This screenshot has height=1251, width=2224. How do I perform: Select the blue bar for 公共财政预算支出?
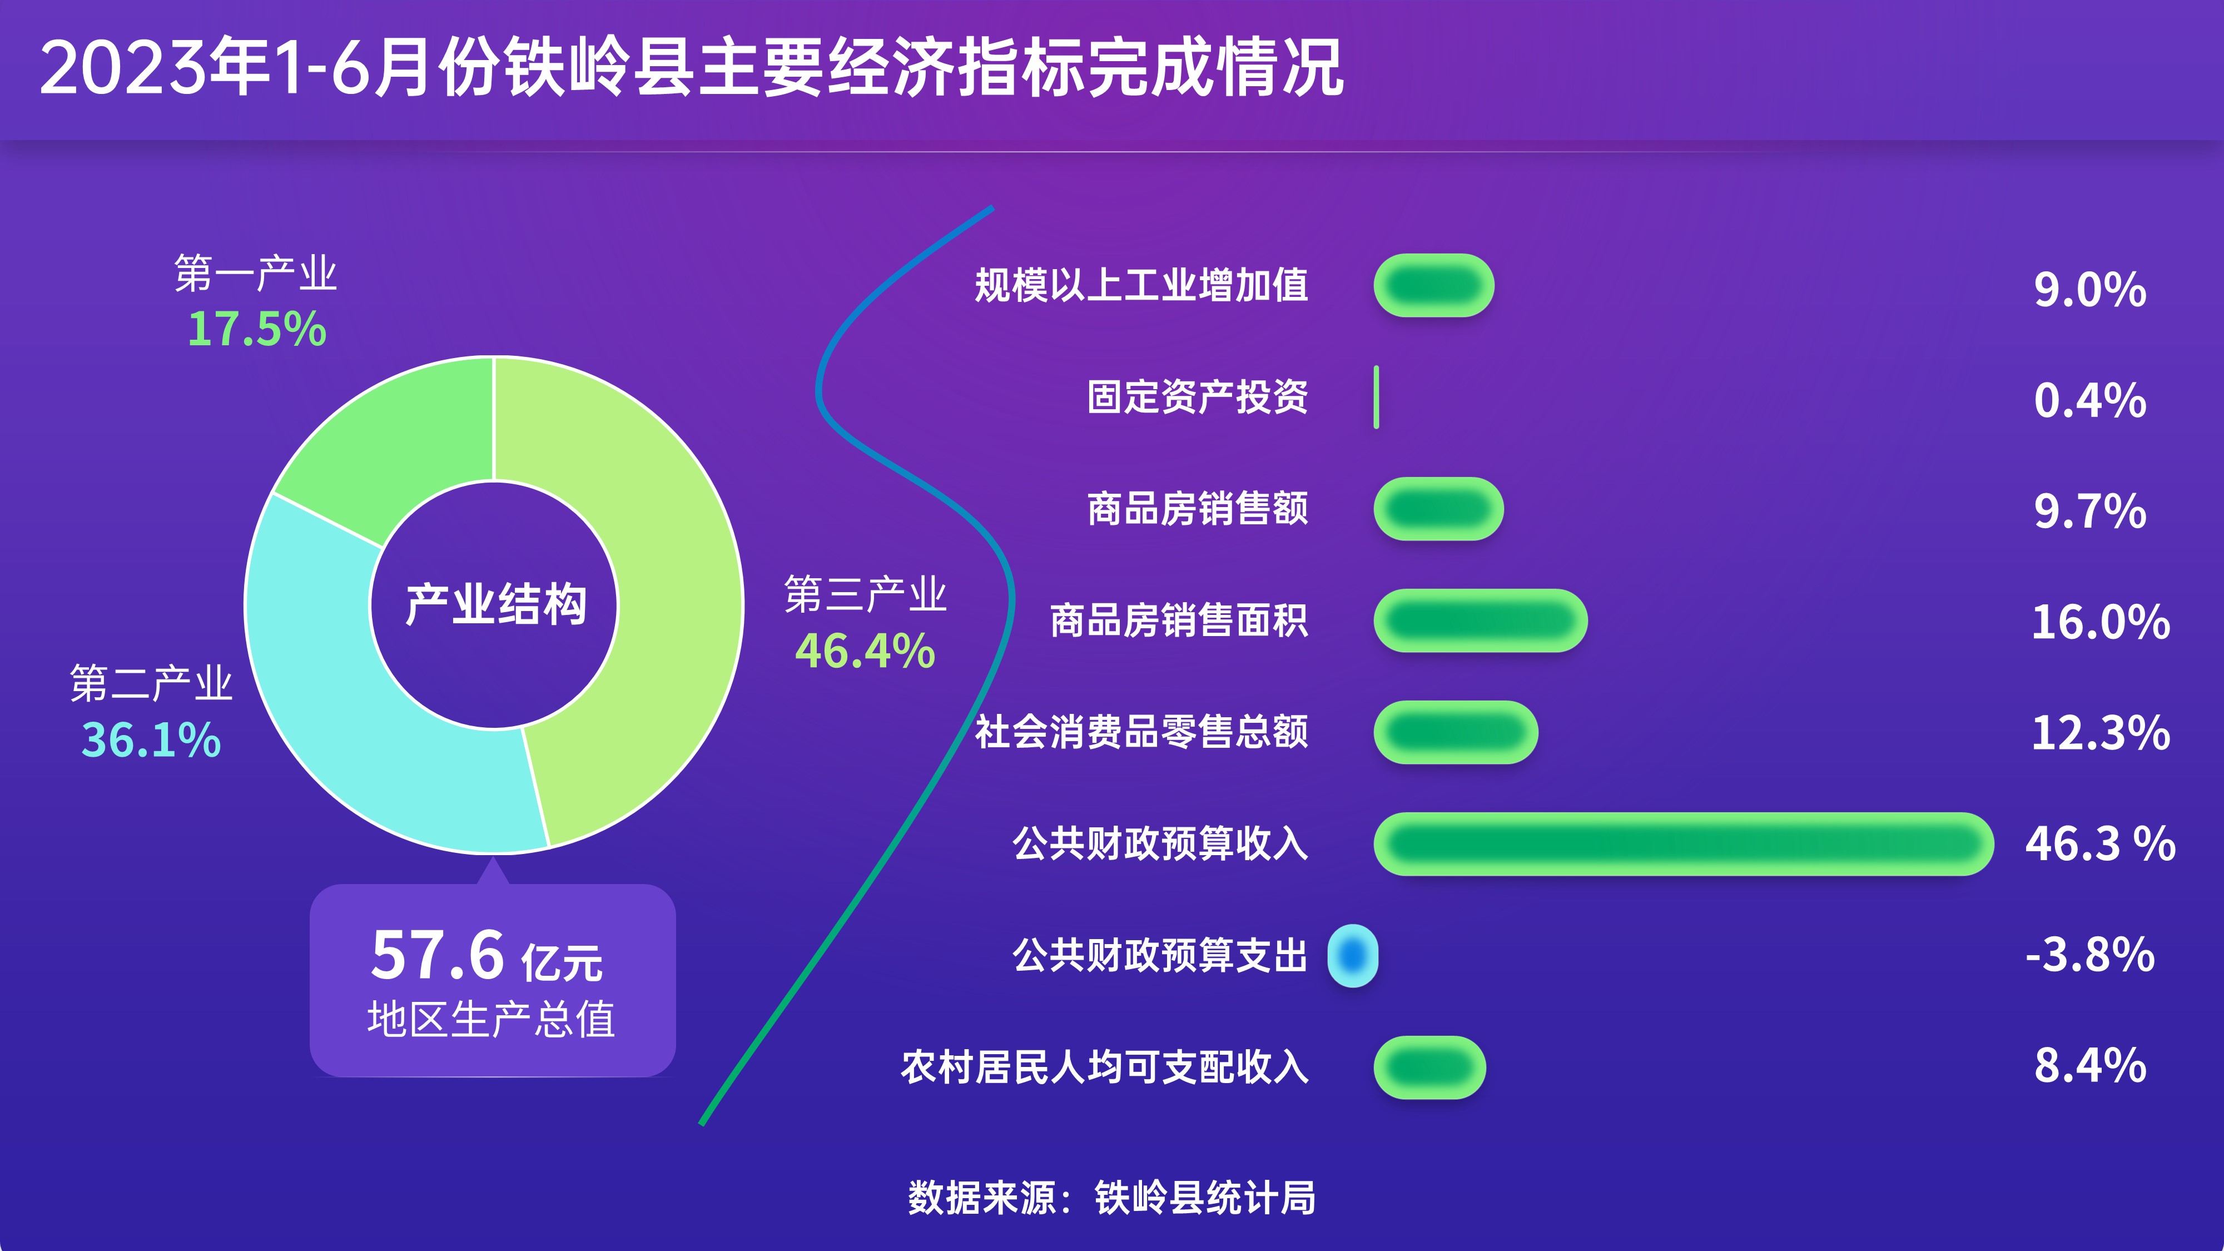pyautogui.click(x=1353, y=956)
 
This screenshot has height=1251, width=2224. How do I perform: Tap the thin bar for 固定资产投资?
pyautogui.click(x=1376, y=397)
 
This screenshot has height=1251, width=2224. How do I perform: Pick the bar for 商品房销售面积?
pyautogui.click(x=1481, y=620)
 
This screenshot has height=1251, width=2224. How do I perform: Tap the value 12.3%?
pyautogui.click(x=2101, y=733)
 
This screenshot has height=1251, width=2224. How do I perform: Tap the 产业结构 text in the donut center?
pyautogui.click(x=495, y=604)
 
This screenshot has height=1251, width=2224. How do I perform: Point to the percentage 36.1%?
pyautogui.click(x=151, y=741)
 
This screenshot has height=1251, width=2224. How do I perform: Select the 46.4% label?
pyautogui.click(x=865, y=651)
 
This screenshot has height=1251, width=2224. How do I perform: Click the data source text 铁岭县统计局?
pyautogui.click(x=1205, y=1198)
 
